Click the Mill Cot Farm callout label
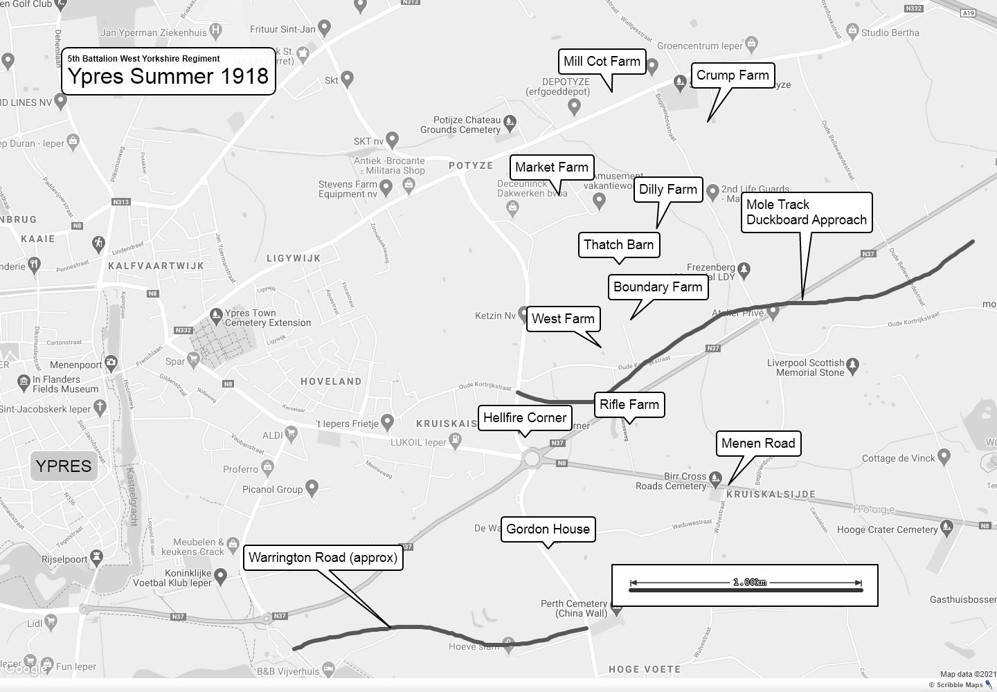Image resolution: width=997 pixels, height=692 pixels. coord(602,62)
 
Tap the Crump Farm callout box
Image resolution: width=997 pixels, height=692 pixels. coord(733,75)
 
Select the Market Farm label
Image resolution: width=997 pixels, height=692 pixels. coord(552,167)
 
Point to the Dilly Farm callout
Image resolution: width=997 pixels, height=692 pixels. coord(668,190)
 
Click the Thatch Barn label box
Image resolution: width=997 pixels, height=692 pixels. coord(619,244)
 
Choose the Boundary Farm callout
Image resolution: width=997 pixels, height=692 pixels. coord(658,287)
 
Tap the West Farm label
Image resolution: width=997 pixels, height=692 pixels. coord(563,319)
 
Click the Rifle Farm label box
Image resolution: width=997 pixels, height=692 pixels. coord(629,405)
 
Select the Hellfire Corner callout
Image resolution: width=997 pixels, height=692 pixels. coord(525,418)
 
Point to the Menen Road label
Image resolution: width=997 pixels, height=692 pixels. coord(758,444)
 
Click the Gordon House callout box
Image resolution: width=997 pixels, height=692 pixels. coord(548,529)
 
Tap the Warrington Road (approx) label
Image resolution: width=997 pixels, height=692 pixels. coord(323,558)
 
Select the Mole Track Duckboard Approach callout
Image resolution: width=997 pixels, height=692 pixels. coord(807,212)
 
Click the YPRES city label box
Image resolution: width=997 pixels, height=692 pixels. coord(64,466)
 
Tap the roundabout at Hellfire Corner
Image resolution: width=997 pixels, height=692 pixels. coord(532,458)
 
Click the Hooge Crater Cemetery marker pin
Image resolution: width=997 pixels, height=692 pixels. coord(946,527)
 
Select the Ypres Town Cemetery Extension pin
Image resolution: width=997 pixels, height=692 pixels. coord(215,315)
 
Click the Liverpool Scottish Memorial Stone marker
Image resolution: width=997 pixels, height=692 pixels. coord(852,364)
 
